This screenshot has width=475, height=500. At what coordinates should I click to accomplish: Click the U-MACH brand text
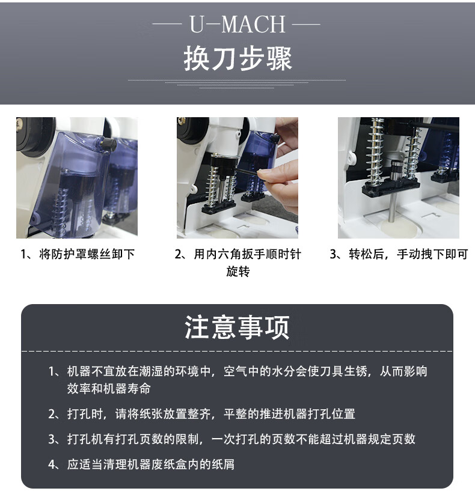pyautogui.click(x=237, y=24)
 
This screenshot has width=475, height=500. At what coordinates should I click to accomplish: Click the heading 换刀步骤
pyautogui.click(x=237, y=59)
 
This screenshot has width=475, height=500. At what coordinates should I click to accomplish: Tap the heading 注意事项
pyautogui.click(x=237, y=327)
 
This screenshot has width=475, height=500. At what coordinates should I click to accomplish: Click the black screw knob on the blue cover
pyautogui.click(x=108, y=144)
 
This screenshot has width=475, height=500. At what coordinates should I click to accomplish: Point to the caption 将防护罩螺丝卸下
pyautogui.click(x=87, y=254)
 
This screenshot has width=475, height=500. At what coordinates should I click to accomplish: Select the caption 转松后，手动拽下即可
pyautogui.click(x=408, y=254)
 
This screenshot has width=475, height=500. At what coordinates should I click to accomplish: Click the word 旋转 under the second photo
pyautogui.click(x=238, y=272)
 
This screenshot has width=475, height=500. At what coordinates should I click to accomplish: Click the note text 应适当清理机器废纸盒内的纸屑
pyautogui.click(x=151, y=465)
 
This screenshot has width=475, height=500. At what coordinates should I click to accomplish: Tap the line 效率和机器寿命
pyautogui.click(x=109, y=389)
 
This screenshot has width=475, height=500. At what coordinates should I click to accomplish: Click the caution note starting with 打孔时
pyautogui.click(x=211, y=414)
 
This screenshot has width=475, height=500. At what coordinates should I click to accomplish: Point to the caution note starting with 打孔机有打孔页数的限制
pyautogui.click(x=241, y=439)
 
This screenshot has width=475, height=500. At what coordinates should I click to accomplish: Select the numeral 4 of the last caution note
pyautogui.click(x=52, y=465)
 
